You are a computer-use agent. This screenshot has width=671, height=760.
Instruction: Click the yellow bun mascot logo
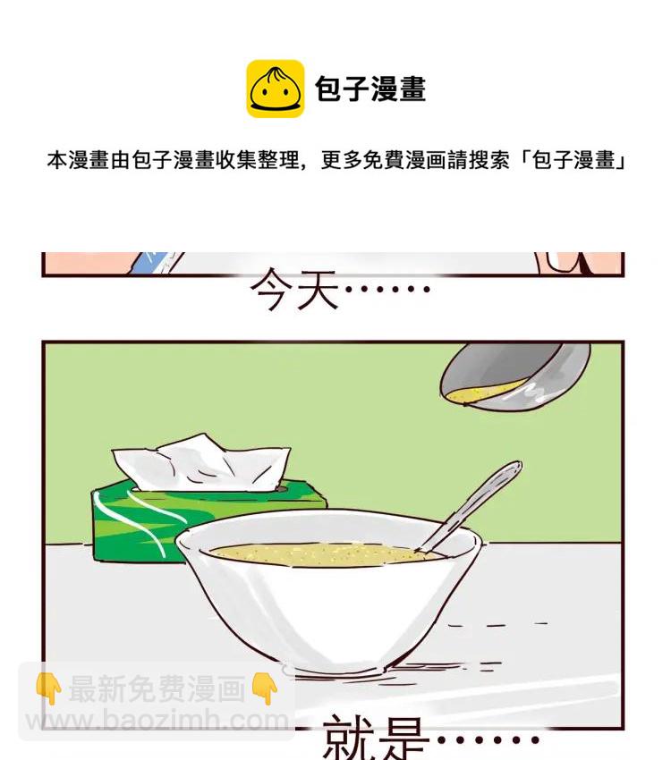275,89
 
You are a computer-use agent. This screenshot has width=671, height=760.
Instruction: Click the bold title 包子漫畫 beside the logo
370,89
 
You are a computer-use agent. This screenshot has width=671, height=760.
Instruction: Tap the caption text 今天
293,290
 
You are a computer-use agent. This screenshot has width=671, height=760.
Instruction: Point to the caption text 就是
376,739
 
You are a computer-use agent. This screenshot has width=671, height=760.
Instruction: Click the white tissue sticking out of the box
201,463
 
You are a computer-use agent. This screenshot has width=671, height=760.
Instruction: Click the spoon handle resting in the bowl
471,505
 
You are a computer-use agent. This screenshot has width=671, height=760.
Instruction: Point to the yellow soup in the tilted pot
485,392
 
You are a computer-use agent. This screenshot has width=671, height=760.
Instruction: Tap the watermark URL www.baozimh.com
157,720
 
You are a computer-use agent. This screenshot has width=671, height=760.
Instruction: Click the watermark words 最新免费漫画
157,688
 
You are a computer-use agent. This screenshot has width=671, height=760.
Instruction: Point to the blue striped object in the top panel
151,262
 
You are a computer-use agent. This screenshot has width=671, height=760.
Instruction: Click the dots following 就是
488,740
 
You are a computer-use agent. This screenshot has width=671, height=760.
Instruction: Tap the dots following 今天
387,290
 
